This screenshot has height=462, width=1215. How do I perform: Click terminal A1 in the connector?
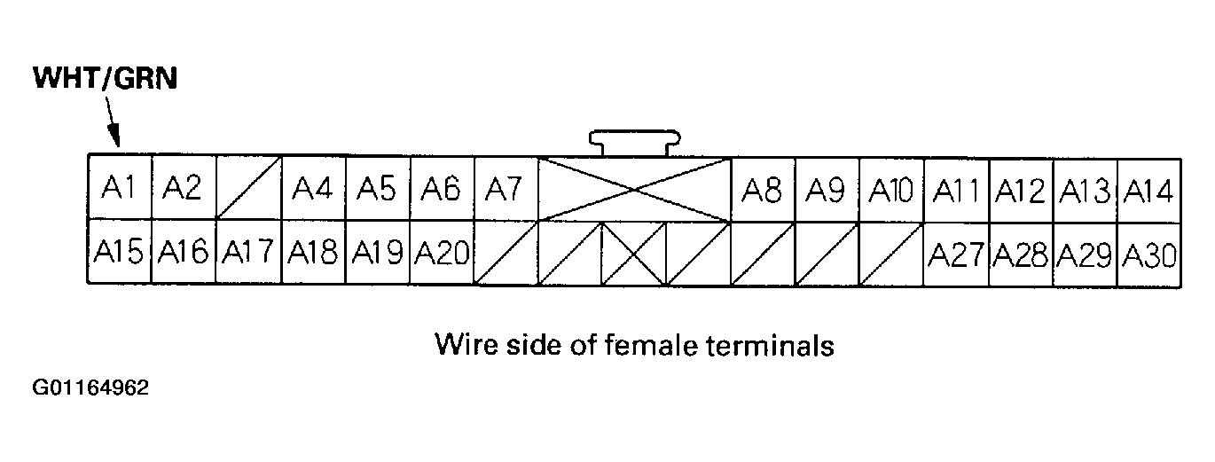click(120, 188)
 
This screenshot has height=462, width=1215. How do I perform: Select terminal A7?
click(506, 188)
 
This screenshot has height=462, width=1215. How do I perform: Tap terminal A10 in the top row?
click(891, 190)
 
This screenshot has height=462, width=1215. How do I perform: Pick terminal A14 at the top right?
click(1149, 190)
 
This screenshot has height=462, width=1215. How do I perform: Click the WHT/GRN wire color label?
click(106, 79)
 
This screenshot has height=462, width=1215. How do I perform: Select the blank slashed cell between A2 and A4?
click(248, 188)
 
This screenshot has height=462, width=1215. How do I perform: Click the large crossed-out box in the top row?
click(635, 189)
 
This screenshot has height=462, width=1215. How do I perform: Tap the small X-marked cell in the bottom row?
click(635, 254)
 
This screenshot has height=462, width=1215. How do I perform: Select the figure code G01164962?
click(91, 388)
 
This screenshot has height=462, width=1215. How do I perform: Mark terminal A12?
click(1020, 190)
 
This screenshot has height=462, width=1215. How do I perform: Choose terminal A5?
click(377, 188)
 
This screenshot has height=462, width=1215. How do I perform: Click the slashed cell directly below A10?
click(891, 254)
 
